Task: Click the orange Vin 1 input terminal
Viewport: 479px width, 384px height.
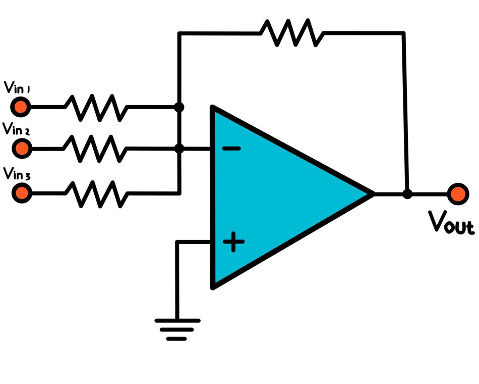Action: point(21,107)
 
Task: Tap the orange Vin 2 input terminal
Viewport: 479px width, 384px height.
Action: point(21,149)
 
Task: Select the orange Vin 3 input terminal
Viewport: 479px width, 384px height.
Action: point(21,193)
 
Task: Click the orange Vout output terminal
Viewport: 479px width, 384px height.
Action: point(458,194)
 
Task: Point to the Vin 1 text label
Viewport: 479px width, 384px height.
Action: point(17,87)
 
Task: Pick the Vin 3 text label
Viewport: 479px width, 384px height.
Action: point(17,174)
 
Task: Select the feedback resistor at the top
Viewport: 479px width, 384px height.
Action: point(291,33)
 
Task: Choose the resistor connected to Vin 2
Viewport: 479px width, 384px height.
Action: point(95,149)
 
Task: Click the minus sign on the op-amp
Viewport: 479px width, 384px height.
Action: point(231,149)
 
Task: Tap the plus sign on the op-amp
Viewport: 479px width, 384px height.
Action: point(233,242)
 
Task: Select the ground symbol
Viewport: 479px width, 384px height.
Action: point(177,328)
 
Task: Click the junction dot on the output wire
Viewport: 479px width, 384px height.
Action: point(407,194)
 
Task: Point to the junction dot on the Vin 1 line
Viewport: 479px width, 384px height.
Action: point(178,107)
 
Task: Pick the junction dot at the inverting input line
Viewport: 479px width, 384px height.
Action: point(178,149)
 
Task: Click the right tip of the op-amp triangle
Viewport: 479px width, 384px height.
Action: point(372,194)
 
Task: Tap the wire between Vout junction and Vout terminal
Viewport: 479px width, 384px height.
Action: point(429,194)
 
